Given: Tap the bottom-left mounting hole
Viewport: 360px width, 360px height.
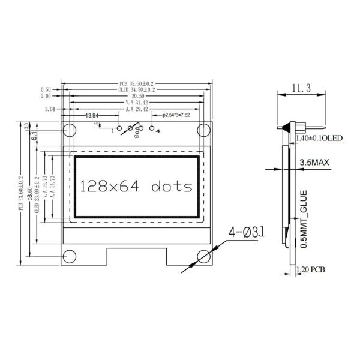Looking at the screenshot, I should (70, 257).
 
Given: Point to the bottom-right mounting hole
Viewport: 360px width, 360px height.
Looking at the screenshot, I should (205, 257).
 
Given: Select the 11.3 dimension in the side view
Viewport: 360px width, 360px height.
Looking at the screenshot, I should (299, 89).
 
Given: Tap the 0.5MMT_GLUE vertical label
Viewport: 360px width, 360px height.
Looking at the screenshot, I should (304, 219).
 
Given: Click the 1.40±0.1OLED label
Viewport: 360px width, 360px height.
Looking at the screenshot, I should (319, 138).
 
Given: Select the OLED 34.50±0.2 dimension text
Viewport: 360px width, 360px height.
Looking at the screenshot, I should (136, 89).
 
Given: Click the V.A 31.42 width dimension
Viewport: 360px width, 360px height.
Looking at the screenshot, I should (136, 103).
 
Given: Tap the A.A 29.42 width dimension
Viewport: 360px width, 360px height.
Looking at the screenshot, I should (136, 109).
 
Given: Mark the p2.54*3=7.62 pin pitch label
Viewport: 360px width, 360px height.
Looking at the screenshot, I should (172, 115).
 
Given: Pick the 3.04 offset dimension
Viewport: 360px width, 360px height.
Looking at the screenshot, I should (50, 109).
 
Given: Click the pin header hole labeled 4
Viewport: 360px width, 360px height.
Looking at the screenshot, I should (151, 128).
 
